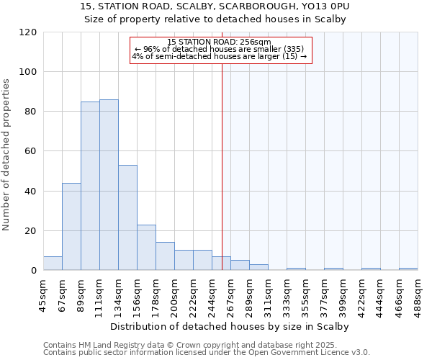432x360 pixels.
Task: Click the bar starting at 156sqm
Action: tap(146, 248)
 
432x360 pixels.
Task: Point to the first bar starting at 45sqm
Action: tap(53, 264)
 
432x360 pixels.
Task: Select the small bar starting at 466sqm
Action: tap(408, 269)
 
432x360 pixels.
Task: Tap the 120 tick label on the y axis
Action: tap(28, 32)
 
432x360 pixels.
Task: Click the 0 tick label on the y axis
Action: tap(33, 271)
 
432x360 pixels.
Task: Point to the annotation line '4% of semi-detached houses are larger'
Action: tap(220, 56)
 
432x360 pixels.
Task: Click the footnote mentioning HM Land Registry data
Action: tap(205, 346)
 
